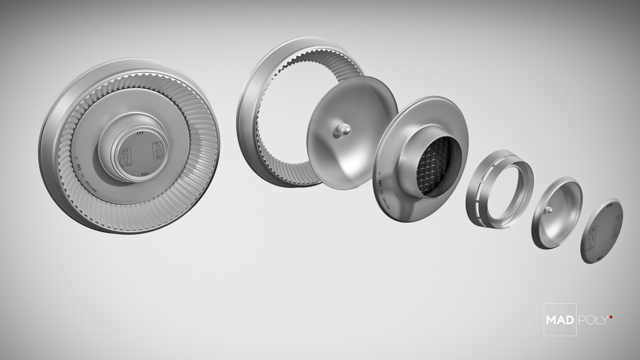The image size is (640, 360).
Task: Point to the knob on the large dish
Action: click(342, 130)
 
